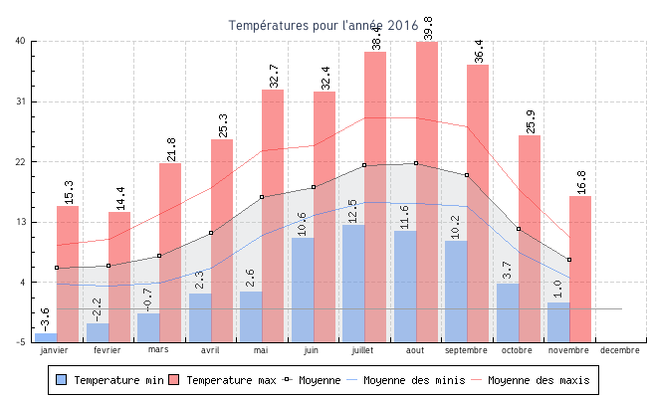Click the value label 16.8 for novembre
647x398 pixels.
pos(581,182)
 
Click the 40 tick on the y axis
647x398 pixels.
pos(21,41)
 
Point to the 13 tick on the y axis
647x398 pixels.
pos(21,222)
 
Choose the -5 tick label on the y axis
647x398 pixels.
pos(21,342)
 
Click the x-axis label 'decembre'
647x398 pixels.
pos(620,350)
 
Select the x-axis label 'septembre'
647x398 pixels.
pos(467,350)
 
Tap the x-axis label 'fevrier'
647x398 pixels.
pos(108,350)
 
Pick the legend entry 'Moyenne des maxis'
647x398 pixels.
pos(538,380)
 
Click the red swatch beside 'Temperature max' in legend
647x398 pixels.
pos(174,380)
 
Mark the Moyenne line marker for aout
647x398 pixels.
pos(415,163)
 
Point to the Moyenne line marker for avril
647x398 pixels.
pos(211,233)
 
